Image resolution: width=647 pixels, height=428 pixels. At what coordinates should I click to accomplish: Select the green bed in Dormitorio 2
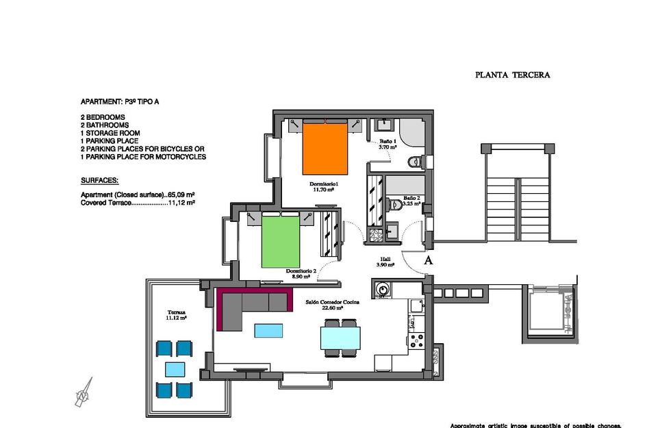[280, 241]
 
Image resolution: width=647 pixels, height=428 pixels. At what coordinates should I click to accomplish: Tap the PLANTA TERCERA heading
[512, 75]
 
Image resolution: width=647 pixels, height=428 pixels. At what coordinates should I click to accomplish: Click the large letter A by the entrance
[429, 261]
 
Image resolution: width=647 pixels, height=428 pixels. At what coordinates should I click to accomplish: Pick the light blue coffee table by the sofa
[268, 331]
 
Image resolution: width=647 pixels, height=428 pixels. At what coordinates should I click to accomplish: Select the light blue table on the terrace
[174, 370]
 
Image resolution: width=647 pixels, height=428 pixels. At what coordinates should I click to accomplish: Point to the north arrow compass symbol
[84, 393]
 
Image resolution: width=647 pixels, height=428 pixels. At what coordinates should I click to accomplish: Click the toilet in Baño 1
[415, 162]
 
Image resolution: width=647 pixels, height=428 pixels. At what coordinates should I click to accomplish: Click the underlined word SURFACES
[99, 181]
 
